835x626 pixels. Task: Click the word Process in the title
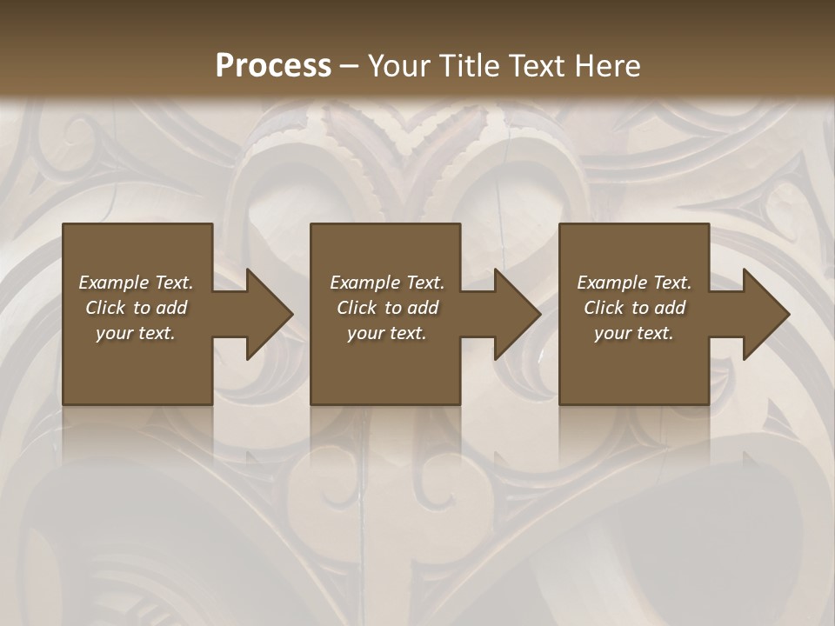[273, 66]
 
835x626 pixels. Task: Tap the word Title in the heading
[472, 66]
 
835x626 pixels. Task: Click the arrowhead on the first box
[265, 314]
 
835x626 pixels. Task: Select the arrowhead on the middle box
[513, 314]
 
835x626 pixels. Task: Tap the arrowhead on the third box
[762, 314]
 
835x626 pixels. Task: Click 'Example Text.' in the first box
[136, 283]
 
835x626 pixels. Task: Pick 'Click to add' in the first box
[136, 308]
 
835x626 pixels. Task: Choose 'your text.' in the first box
[136, 333]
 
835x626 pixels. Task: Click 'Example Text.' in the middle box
[387, 283]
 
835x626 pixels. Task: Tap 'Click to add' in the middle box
[387, 308]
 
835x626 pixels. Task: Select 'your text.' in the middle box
[387, 333]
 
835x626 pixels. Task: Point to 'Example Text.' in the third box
[634, 283]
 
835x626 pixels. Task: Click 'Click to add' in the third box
[634, 308]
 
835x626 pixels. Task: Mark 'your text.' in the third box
[634, 333]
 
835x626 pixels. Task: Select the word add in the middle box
[423, 308]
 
